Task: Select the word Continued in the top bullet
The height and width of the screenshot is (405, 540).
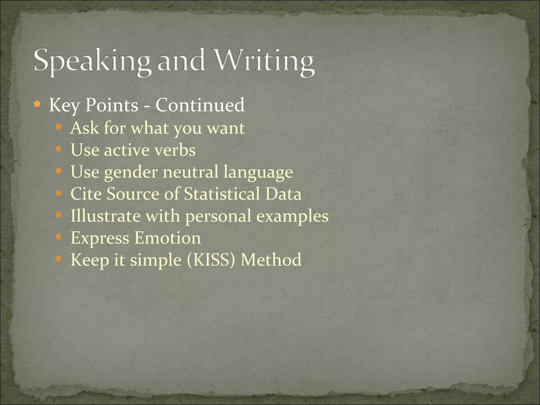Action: point(200,105)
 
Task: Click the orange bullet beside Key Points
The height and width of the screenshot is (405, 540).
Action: point(37,104)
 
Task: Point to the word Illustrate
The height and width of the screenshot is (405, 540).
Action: point(105,216)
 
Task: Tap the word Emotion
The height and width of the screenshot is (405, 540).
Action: point(168,238)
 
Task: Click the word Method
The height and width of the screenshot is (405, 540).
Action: point(271,260)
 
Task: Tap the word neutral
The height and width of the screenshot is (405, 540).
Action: point(191,172)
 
